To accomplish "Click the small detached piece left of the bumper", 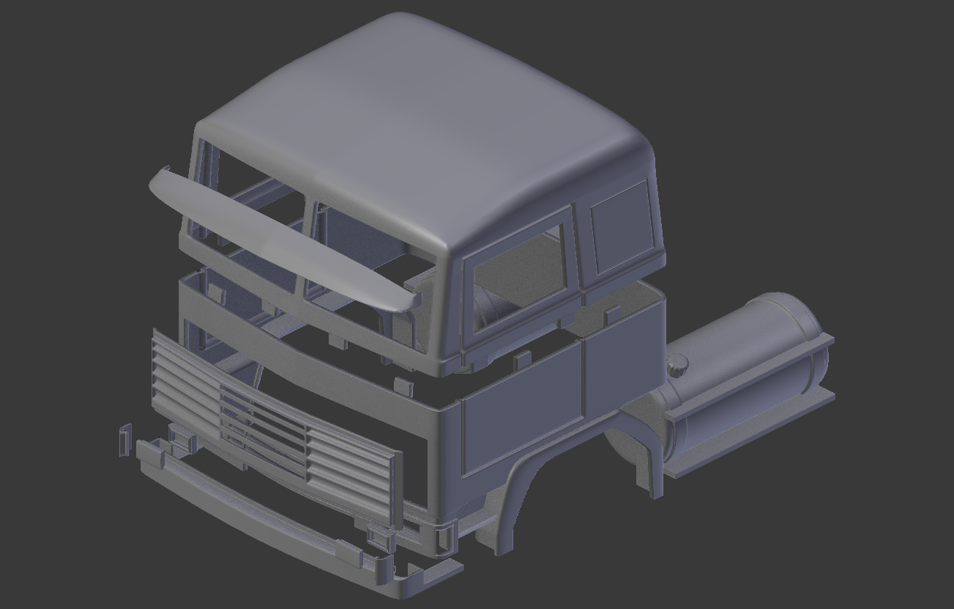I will pyautogui.click(x=124, y=438).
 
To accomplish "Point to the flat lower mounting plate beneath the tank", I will pyautogui.click(x=747, y=432).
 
